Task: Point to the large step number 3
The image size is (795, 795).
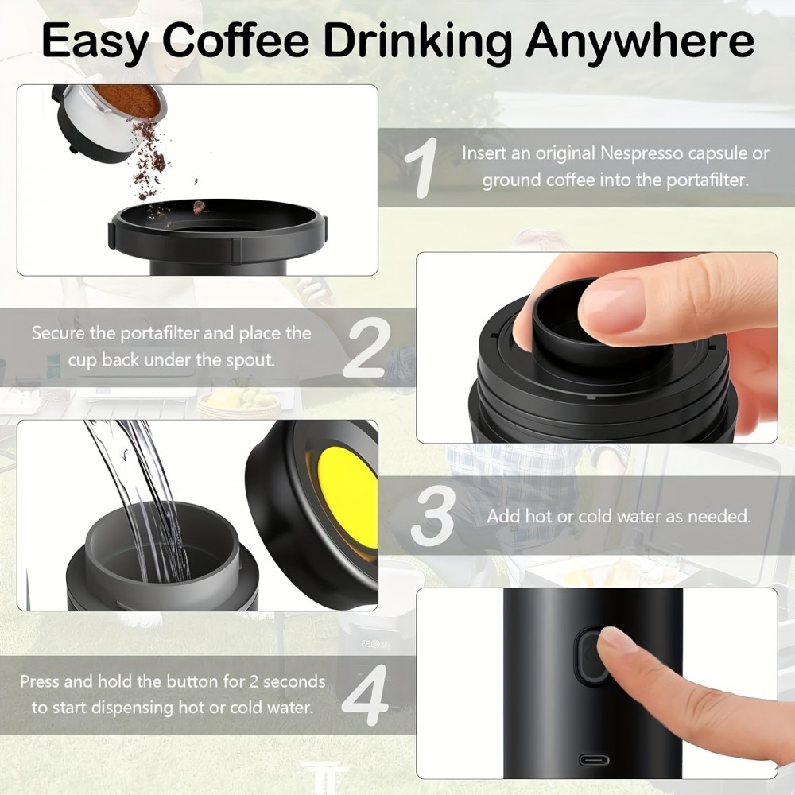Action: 433,517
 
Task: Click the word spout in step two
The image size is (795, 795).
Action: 251,359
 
